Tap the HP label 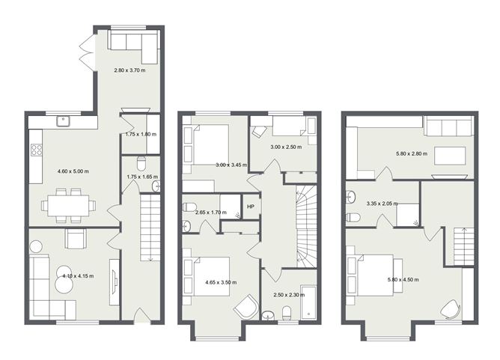pyautogui.click(x=250, y=207)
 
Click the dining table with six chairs pyautogui.click(x=68, y=204)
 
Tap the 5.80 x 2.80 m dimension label pyautogui.click(x=409, y=155)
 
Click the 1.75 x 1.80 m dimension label pyautogui.click(x=140, y=134)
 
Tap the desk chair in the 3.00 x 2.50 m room pyautogui.click(x=258, y=131)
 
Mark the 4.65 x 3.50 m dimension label pyautogui.click(x=220, y=283)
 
